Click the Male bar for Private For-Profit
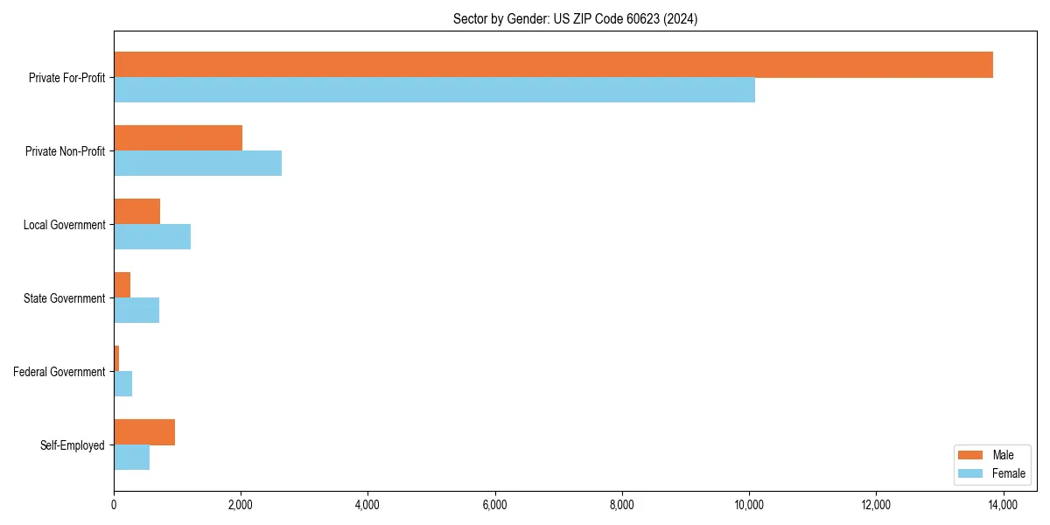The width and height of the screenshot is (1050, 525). [553, 65]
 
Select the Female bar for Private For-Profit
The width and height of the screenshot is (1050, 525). [434, 90]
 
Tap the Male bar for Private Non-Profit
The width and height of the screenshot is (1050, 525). [178, 138]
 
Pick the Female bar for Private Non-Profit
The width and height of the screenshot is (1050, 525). [198, 164]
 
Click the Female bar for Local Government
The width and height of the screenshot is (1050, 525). [152, 237]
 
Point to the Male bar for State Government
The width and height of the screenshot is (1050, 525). [122, 285]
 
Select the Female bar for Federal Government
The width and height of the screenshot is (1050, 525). [123, 384]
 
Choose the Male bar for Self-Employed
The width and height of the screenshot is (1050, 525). [144, 432]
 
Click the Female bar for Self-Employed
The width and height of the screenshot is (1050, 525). [132, 458]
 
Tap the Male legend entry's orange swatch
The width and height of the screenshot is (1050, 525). [971, 455]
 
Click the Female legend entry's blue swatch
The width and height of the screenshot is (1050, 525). [971, 473]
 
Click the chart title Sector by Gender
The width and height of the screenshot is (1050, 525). [575, 18]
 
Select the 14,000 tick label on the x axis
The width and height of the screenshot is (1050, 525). [1003, 504]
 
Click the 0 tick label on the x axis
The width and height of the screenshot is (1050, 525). [114, 504]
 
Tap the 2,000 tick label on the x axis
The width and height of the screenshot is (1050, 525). [241, 504]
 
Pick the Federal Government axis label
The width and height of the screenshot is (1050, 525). [59, 372]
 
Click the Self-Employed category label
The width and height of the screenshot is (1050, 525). [73, 445]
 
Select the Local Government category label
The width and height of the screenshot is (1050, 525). [65, 225]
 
